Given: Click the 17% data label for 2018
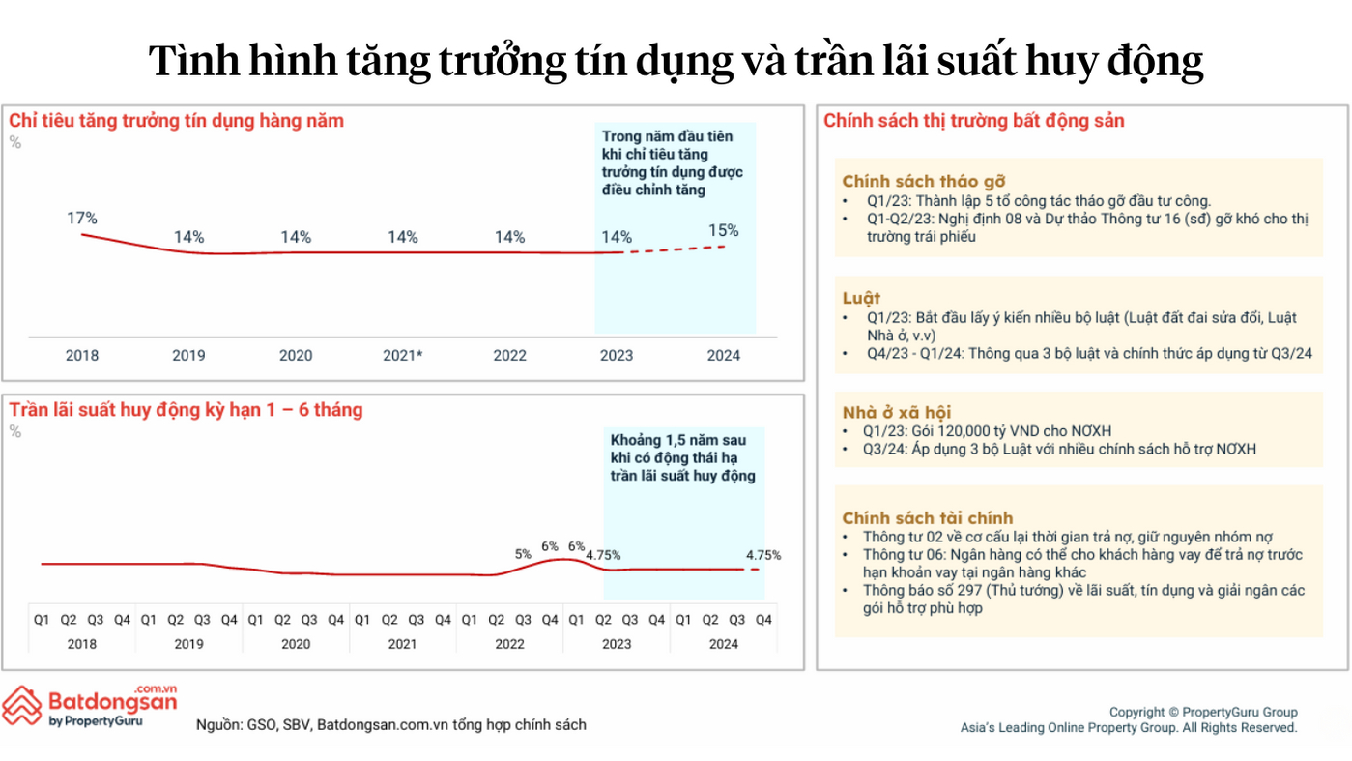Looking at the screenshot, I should (82, 219).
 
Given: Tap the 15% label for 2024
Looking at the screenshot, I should (723, 230).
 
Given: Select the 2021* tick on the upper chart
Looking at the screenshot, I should (403, 355).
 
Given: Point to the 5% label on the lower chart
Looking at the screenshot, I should (523, 554).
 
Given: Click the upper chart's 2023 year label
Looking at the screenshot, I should (617, 355).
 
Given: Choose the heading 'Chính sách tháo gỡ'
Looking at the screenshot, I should (924, 182).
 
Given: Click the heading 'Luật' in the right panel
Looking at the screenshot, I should (861, 298).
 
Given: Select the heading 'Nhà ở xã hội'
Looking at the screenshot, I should (896, 412).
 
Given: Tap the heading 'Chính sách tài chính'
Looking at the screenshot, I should (927, 517).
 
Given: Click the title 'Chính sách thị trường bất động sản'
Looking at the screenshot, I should (973, 121).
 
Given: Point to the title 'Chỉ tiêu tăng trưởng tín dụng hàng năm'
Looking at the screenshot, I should (176, 121).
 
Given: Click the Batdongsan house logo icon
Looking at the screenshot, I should (21, 705).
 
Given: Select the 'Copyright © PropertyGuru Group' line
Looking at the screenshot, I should (1203, 713).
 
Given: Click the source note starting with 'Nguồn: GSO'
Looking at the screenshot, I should (390, 724).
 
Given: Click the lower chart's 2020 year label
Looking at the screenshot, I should (296, 644).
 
